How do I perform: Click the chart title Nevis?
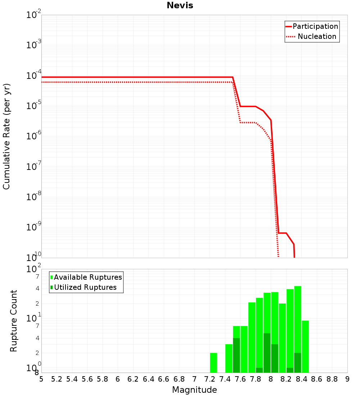pos(180,6)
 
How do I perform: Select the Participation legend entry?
pos(315,26)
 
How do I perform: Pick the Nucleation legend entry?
pos(317,36)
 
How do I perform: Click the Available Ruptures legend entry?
pos(88,277)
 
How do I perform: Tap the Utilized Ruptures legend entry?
pos(85,287)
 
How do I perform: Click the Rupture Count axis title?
pos(14,321)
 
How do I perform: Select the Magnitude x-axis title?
pos(194,390)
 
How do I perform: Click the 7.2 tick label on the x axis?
pos(210,379)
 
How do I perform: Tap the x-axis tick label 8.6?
pos(317,379)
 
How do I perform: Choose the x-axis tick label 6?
pos(118,379)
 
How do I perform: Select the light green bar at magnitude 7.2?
pos(213,363)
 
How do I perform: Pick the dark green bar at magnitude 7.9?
pos(267,353)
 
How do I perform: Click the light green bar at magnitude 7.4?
pos(229,358)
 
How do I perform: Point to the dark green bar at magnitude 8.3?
pos(298,363)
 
